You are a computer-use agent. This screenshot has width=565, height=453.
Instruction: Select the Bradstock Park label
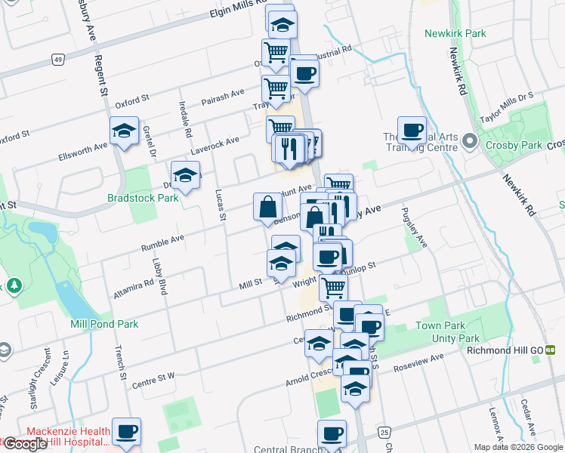(142, 198)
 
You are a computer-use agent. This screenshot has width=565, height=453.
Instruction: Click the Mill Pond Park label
(104, 324)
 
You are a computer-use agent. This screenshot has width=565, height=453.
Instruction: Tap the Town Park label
(437, 326)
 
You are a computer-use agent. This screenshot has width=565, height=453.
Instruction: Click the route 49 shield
(57, 59)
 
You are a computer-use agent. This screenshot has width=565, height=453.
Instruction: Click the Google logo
(25, 444)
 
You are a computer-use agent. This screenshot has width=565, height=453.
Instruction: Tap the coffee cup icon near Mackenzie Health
(126, 431)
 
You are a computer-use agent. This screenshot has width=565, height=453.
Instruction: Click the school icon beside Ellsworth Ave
(124, 131)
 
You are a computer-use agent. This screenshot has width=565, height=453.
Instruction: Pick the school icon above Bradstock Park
(185, 175)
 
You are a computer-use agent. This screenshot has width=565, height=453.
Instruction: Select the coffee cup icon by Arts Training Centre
(412, 130)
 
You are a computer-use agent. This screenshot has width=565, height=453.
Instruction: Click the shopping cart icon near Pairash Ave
(276, 88)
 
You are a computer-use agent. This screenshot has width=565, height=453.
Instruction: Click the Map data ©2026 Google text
(517, 447)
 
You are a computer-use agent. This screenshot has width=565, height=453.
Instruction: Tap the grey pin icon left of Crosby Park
(469, 142)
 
